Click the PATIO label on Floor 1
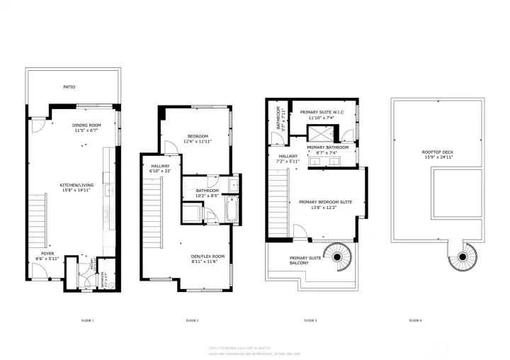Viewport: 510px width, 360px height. [69, 87]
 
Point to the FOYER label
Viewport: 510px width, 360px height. [47, 252]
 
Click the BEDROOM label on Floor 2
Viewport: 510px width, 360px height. [198, 136]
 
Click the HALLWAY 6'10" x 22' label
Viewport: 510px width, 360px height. [161, 168]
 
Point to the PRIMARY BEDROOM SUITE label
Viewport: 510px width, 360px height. [325, 202]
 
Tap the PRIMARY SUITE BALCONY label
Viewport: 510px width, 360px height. [305, 260]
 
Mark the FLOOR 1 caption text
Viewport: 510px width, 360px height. [87, 321]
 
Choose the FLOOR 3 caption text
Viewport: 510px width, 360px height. [310, 321]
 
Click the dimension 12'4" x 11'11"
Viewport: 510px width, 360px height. [198, 142]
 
